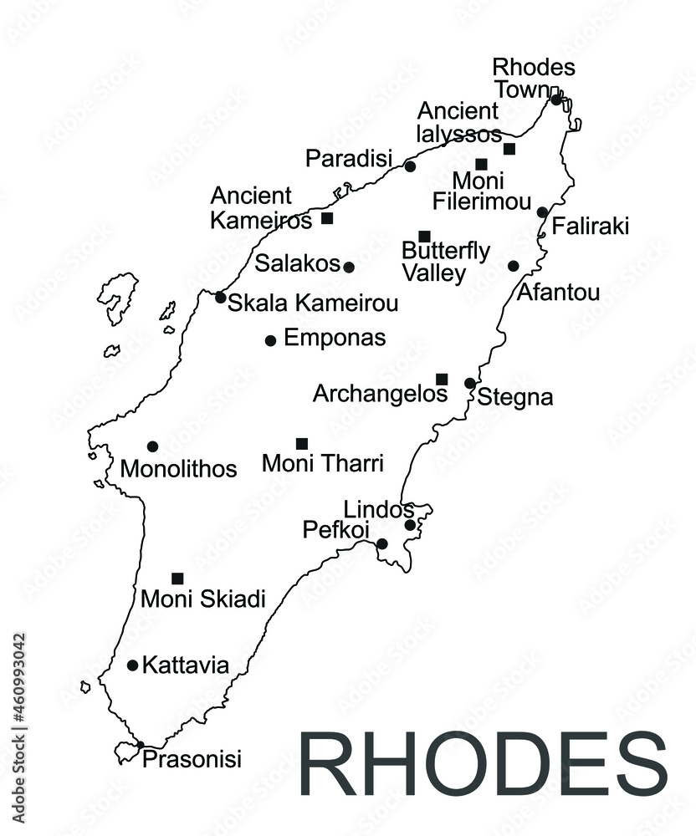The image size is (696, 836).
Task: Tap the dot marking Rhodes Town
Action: pos(556,100)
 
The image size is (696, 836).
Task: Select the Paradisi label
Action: pos(348,158)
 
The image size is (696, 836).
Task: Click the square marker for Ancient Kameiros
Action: pos(327,218)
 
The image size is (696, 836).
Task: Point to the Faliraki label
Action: pos(591,227)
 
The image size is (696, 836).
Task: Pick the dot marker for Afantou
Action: pos(513,266)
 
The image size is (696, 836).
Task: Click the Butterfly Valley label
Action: pos(446,261)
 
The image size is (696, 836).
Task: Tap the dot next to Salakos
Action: pos(349,268)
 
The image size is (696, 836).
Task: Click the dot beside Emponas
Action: pos(270,340)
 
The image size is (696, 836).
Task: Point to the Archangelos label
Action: pos(380,393)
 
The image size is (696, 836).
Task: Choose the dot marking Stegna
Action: pos(470,384)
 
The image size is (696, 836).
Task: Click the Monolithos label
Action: pos(178,469)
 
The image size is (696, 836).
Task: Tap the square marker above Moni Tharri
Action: pos(302,443)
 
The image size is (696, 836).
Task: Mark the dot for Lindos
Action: pos(410,525)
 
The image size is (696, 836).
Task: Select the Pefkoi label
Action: pos(336,530)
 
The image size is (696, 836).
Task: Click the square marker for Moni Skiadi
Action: pos(177,578)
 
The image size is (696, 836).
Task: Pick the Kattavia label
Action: pos(186,665)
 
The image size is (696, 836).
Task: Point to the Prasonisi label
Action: pos(192,759)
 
